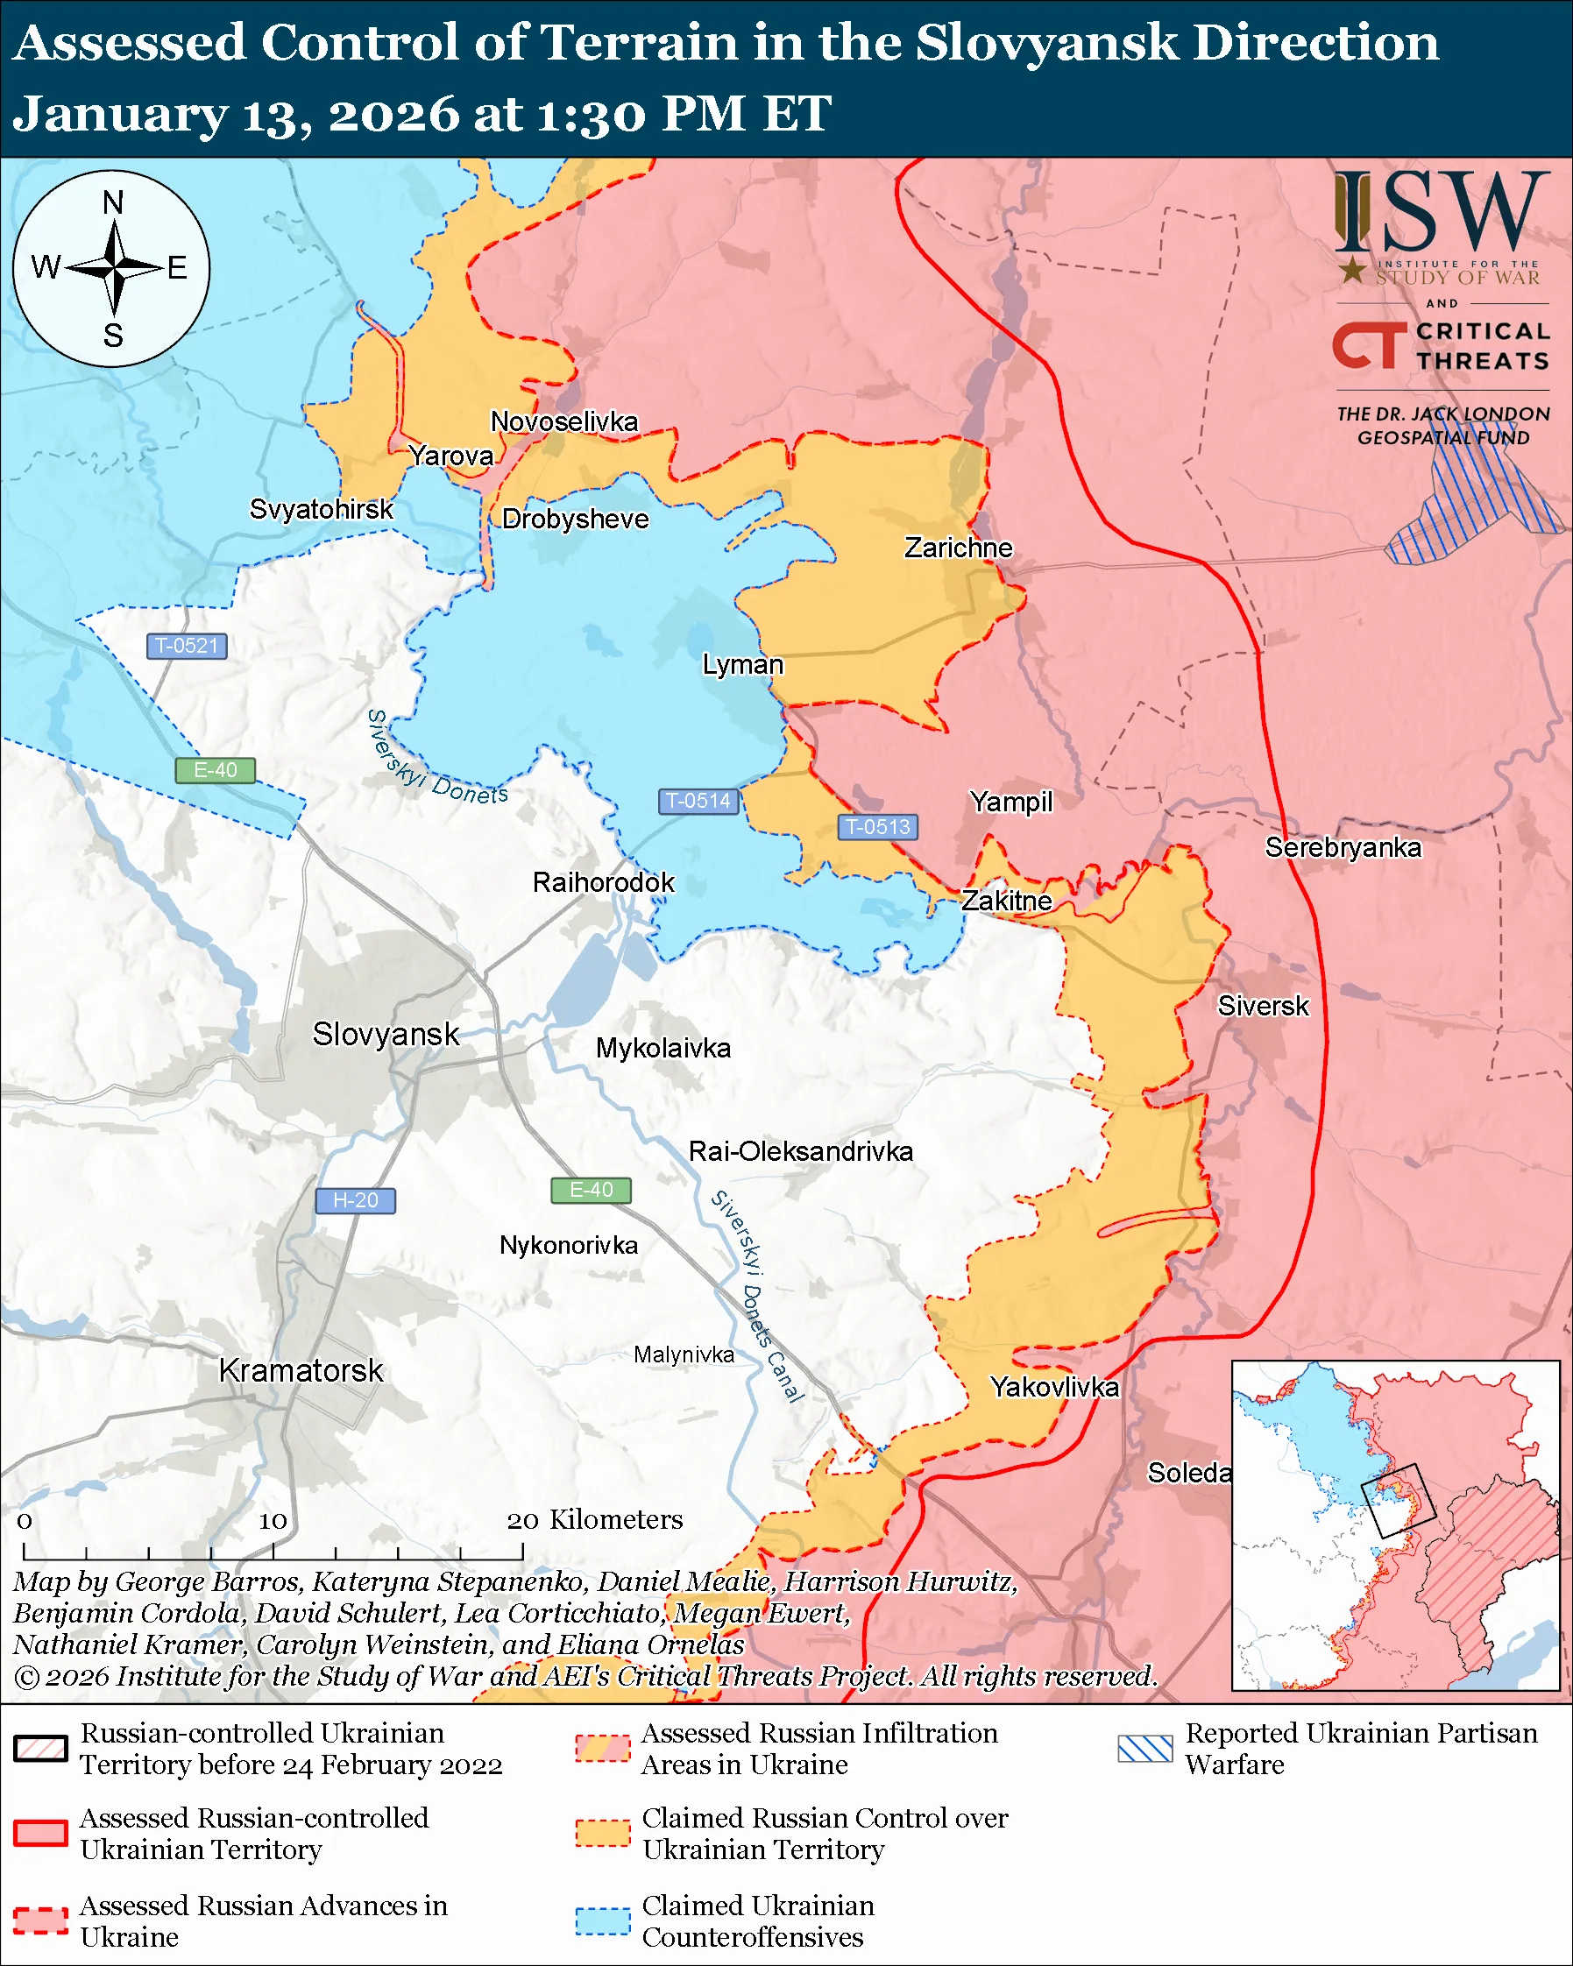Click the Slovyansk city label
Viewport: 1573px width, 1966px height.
[386, 1034]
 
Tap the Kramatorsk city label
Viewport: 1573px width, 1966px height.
[301, 1370]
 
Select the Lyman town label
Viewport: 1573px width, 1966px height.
[742, 664]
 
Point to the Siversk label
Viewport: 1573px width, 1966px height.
[1263, 1006]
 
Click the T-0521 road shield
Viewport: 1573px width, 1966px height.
[187, 646]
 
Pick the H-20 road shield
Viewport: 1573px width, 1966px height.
[355, 1200]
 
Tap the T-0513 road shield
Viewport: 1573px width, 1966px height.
[877, 826]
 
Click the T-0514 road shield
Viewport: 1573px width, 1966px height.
[698, 801]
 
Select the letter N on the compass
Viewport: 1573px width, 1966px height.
[113, 202]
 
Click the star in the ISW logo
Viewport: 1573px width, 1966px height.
[1352, 270]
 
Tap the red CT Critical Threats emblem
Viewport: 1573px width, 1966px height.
[1369, 345]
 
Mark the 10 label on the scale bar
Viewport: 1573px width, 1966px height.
[273, 1521]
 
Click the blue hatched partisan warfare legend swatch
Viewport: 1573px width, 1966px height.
[1145, 1748]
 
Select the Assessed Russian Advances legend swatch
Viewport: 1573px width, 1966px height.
[41, 1920]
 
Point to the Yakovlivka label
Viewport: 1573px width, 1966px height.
[1054, 1387]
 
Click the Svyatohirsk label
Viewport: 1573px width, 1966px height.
[321, 509]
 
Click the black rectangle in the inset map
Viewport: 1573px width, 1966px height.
[1397, 1500]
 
